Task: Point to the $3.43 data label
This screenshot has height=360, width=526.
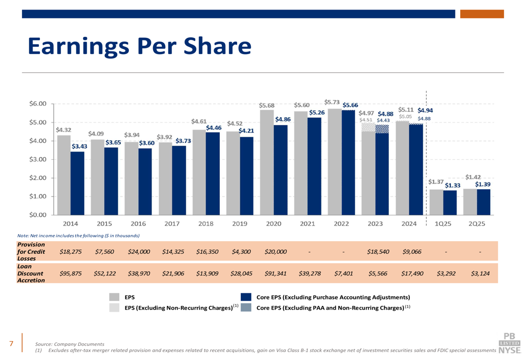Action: pos(79,147)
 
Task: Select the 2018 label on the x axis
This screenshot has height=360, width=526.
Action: pos(206,224)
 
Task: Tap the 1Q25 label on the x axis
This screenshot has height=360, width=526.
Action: pos(442,224)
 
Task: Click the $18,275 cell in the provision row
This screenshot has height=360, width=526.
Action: pos(70,252)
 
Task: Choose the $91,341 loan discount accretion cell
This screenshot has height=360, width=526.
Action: pos(275,273)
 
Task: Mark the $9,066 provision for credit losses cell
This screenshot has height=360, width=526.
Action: pos(411,252)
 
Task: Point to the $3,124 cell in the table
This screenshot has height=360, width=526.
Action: pos(481,273)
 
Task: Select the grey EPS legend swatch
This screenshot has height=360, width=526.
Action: pos(115,297)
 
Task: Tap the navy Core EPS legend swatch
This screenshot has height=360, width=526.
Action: pos(246,297)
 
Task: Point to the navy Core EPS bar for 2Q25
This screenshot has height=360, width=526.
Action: pos(483,202)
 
